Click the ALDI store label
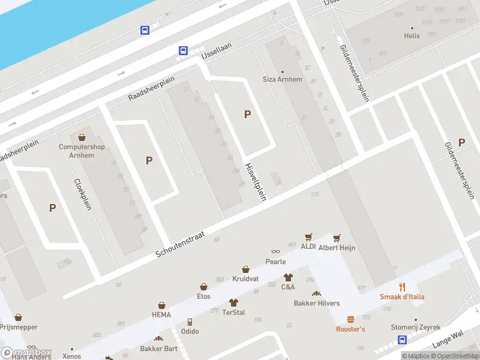click(308, 247)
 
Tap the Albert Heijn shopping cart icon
click(337, 238)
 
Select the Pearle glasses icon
click(275, 252)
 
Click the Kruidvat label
click(245, 279)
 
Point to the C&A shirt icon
click(288, 277)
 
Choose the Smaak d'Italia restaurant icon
click(402, 287)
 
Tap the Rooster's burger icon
click(350, 319)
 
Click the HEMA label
click(161, 315)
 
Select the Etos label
click(204, 296)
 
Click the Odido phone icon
click(190, 322)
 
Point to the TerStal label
click(233, 313)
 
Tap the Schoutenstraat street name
click(180, 245)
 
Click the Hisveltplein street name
click(255, 181)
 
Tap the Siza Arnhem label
click(282, 80)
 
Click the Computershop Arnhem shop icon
click(82, 138)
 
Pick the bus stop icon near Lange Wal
click(402, 340)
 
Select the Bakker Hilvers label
click(316, 303)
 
